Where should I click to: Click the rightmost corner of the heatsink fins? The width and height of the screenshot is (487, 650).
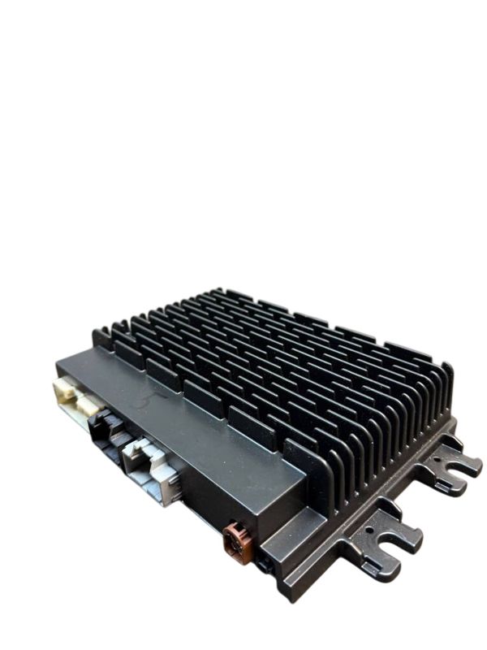pyautogui.click(x=450, y=368)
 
